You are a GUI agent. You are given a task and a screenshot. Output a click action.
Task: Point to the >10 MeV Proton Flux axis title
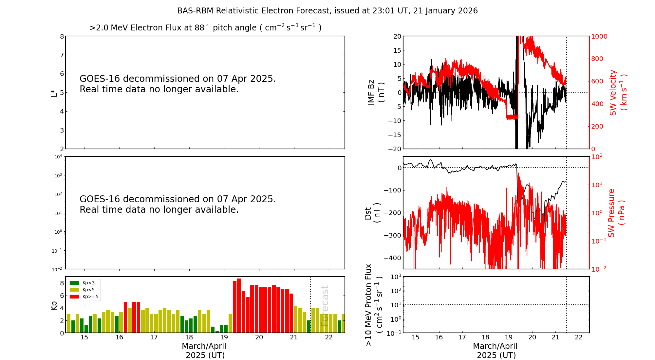click(x=374, y=305)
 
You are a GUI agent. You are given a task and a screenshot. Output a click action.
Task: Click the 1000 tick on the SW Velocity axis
click(x=599, y=36)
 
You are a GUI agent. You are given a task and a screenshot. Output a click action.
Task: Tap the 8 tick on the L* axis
click(x=62, y=36)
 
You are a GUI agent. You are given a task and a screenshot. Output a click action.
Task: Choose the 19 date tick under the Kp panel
click(x=224, y=337)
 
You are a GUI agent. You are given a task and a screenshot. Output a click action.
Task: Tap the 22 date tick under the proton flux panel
click(x=579, y=337)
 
